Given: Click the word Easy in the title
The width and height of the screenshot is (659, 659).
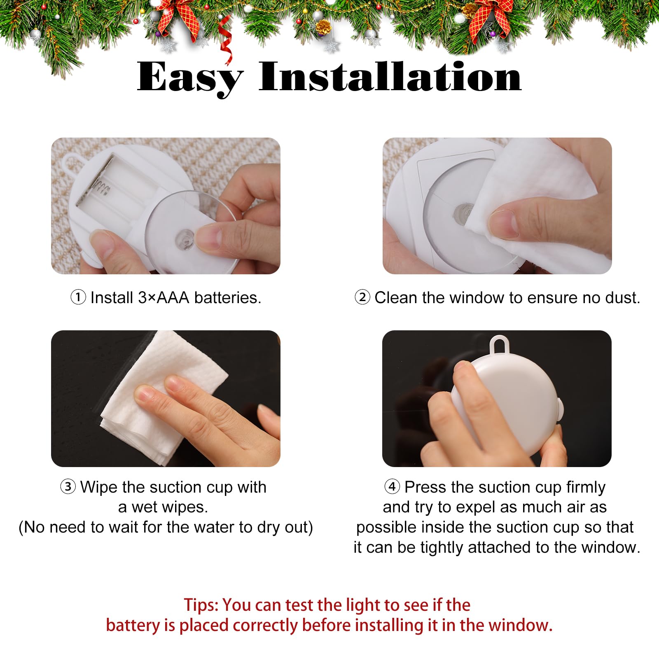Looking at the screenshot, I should (x=189, y=77).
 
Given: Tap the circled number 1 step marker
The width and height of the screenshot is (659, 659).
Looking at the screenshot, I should (x=78, y=297).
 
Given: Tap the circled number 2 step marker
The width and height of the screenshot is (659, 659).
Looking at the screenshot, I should (x=362, y=297).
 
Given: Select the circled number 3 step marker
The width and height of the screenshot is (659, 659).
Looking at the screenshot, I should (x=68, y=486).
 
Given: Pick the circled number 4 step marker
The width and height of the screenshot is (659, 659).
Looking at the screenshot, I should (x=392, y=486).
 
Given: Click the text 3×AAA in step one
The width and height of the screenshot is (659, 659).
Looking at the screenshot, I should (x=164, y=297).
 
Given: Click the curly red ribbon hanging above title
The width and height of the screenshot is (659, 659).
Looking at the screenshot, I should (x=226, y=41).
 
